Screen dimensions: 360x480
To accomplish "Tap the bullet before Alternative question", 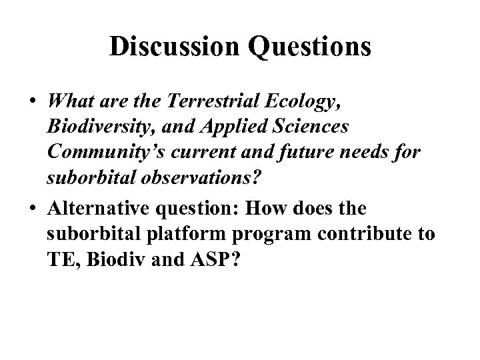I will [31, 209].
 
